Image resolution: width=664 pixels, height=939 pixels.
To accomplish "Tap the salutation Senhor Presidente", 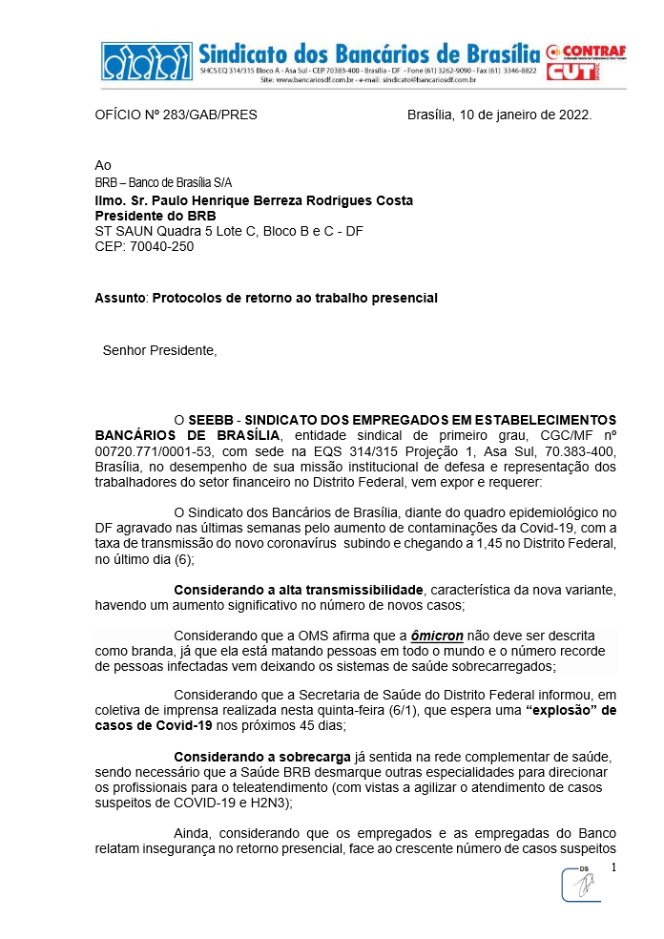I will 159,350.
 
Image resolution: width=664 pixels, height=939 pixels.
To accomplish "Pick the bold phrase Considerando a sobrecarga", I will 250,757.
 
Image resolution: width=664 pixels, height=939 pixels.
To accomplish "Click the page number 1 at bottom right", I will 614,867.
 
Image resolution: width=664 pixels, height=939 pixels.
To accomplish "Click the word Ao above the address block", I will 103,165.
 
